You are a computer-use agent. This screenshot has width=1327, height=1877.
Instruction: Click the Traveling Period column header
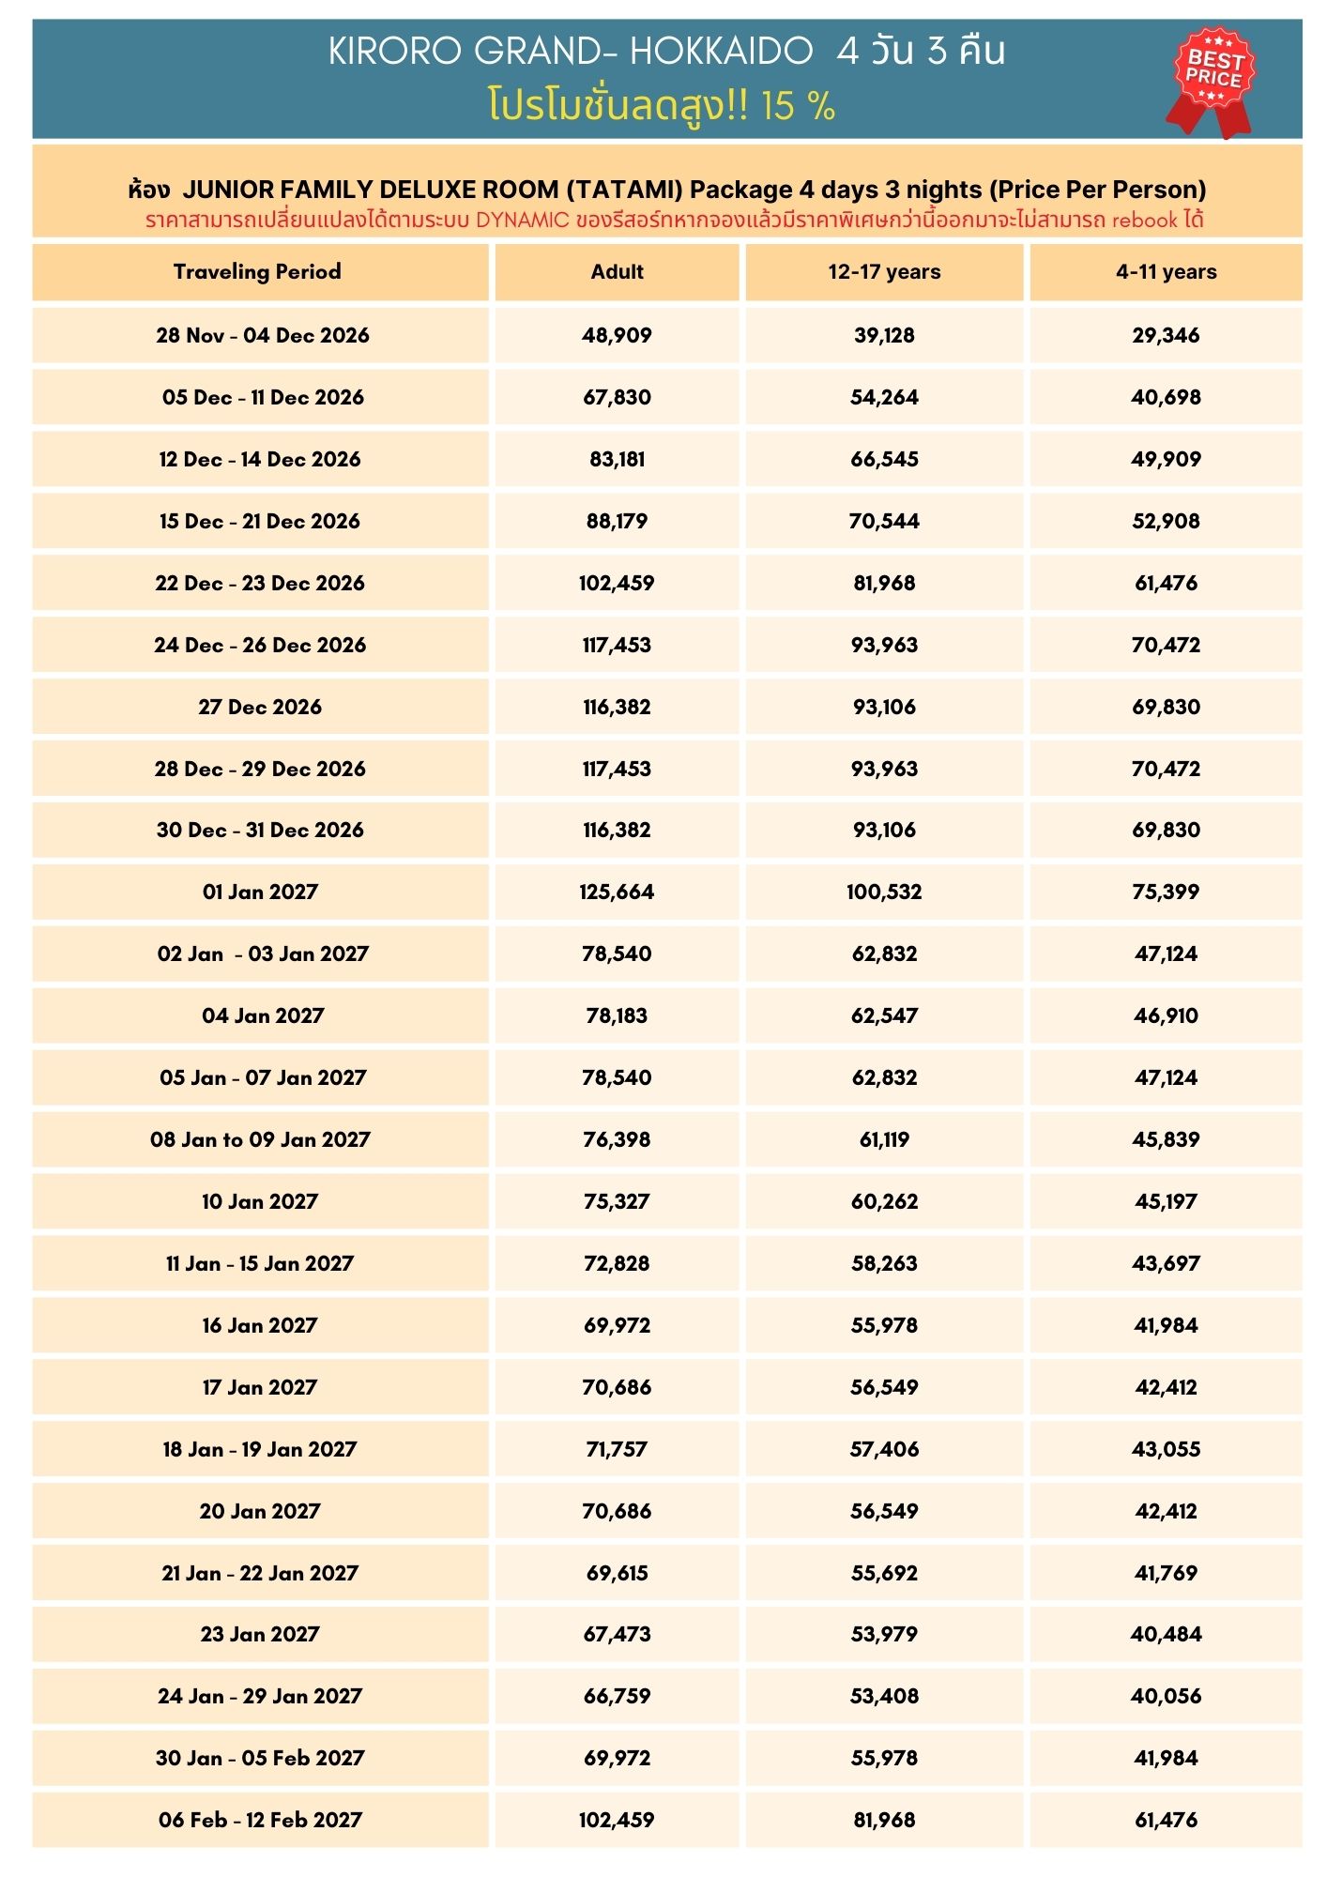point(257,272)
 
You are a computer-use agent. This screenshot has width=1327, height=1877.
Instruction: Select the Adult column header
point(617,272)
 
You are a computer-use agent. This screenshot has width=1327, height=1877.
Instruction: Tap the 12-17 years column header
point(884,272)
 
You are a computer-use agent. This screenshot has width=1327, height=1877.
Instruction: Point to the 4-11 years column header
point(1166,272)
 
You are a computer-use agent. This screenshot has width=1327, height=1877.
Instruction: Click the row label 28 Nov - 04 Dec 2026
point(262,335)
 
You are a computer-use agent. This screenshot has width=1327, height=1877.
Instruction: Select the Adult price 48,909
point(617,335)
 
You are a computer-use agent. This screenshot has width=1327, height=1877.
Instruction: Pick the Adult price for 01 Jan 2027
point(617,892)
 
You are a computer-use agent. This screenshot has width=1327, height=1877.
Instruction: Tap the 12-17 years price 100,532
point(884,892)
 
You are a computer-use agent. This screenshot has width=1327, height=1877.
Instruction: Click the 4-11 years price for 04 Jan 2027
point(1166,1015)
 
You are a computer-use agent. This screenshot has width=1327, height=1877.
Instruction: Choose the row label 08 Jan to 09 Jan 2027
point(260,1139)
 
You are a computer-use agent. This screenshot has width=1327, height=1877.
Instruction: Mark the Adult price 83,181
point(617,459)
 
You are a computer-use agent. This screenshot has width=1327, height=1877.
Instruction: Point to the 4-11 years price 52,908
point(1166,521)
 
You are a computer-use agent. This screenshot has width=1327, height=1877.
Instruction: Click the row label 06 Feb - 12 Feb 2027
point(260,1820)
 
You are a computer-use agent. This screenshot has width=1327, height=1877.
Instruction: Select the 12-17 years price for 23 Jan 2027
point(884,1634)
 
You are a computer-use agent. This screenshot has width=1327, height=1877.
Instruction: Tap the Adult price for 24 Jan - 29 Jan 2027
point(617,1696)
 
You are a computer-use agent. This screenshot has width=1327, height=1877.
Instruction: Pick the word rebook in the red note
point(1144,221)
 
